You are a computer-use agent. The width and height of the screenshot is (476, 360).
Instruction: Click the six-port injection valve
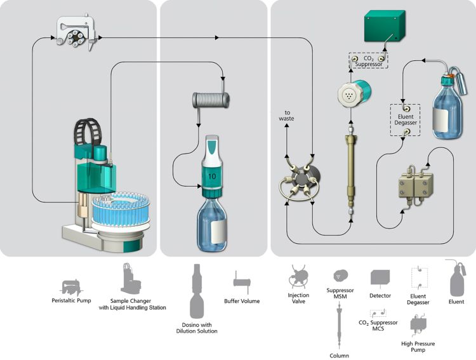pyautogui.click(x=298, y=184)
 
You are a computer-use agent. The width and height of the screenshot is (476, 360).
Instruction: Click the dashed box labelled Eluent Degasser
pyautogui.click(x=406, y=117)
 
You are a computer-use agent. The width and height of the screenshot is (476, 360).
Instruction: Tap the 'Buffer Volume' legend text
pyautogui.click(x=241, y=301)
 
